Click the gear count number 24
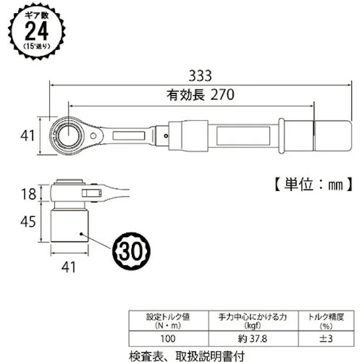click(36, 31)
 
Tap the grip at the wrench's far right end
click(332, 136)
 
